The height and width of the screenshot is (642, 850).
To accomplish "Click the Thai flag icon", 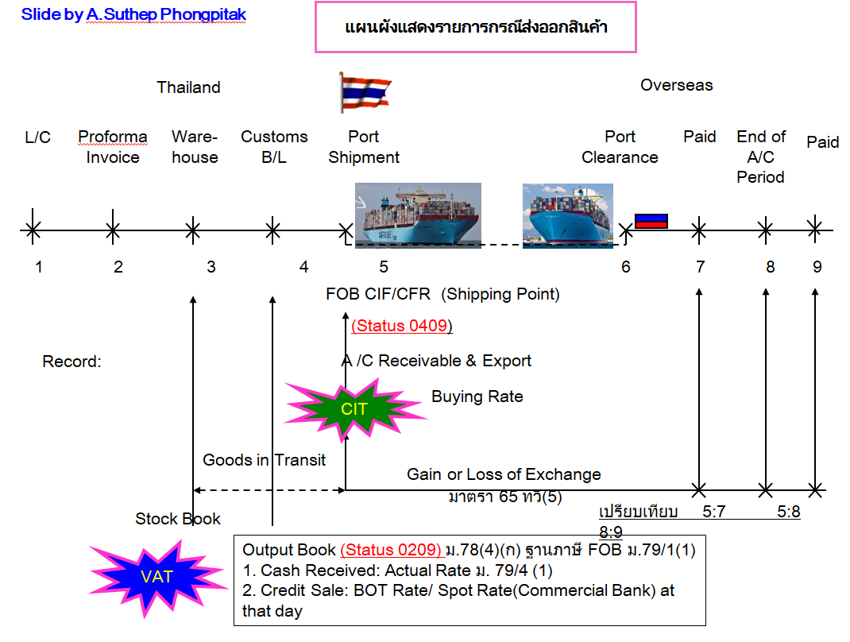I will tap(365, 92).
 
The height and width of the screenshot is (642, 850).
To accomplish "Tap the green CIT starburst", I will tap(354, 409).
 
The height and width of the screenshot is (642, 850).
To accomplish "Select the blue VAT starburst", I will tap(156, 577).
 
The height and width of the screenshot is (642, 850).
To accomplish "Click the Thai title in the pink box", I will tap(476, 28).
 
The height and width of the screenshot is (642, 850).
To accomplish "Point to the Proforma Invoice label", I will tap(113, 147).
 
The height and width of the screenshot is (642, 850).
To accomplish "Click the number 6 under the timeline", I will tap(626, 267).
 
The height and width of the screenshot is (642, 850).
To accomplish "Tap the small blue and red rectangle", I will tap(651, 221).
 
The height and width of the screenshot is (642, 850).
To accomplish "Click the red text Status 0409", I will tap(402, 326).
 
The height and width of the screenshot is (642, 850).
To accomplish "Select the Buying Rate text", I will tap(477, 396).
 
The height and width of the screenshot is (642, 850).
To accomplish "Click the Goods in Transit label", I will tap(264, 459).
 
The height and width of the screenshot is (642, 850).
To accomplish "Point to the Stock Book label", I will tap(178, 519).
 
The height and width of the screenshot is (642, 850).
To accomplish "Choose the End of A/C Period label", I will tap(761, 157).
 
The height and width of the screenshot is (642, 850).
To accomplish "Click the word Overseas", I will tap(677, 85).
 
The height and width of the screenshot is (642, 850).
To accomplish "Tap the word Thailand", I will tap(188, 87).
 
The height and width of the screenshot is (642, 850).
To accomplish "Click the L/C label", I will tap(37, 137).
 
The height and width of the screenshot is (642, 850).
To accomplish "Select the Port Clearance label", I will tap(620, 147).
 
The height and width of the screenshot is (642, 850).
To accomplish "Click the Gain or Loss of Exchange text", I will tap(504, 474).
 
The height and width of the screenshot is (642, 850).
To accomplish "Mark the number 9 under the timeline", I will tap(817, 267).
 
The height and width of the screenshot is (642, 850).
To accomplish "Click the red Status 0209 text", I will tap(391, 550).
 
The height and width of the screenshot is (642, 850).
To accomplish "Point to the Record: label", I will tap(72, 362).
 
